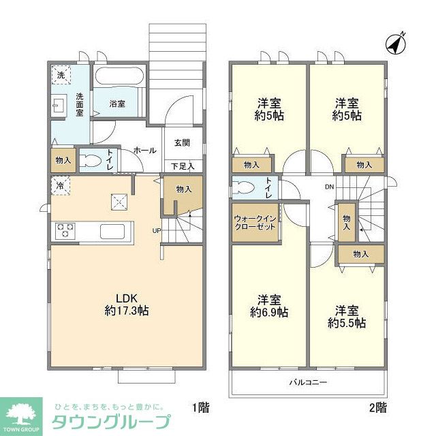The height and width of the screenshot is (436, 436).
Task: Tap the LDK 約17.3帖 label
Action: coord(127,305)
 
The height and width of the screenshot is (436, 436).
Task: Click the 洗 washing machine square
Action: coord(60,75)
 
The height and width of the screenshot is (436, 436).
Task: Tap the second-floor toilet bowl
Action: coord(244,188)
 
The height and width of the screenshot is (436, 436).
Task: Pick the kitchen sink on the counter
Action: coord(112,231)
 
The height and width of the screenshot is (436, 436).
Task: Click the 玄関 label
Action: coord(182,143)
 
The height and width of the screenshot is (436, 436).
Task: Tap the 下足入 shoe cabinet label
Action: coord(182,166)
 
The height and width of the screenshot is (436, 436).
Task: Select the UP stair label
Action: coord(157,230)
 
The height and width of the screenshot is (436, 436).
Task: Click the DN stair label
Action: coord(329,187)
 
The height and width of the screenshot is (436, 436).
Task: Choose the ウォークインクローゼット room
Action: coord(255,222)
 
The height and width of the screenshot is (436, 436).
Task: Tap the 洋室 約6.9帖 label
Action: coord(268,306)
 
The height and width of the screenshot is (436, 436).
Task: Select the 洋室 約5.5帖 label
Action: coord(346,316)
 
